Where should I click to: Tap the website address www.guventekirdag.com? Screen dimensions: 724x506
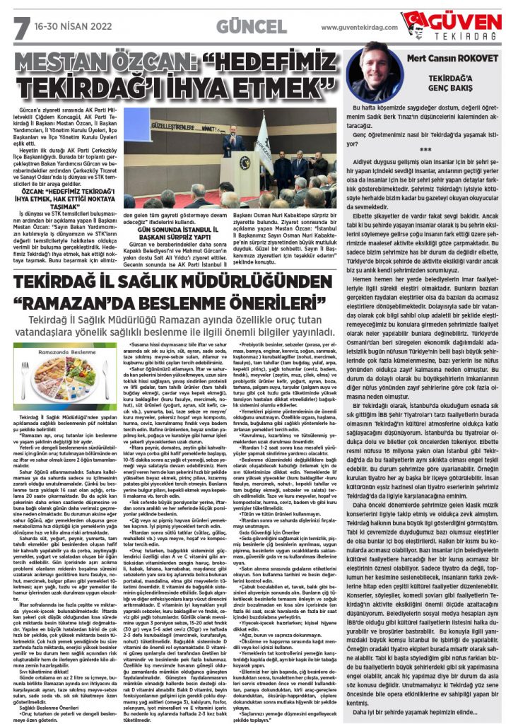click(x=359, y=28)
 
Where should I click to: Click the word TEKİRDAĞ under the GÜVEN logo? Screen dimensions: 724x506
click(x=464, y=35)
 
